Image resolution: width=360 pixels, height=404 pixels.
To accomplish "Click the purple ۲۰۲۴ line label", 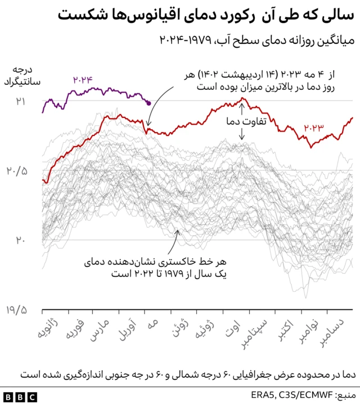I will pos(82,80).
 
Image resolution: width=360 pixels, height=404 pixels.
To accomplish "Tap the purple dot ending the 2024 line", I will pos(148,103).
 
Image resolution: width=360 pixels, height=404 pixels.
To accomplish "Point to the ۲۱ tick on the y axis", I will pos(21,101).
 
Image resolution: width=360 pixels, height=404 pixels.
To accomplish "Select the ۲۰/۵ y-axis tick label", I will pos(17,171).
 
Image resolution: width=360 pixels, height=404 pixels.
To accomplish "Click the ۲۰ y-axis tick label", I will pos(21,240).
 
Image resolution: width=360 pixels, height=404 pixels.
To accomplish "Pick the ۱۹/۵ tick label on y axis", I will pos(17,310).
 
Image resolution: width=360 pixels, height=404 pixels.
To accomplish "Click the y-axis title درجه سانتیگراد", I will pos(20,77).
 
